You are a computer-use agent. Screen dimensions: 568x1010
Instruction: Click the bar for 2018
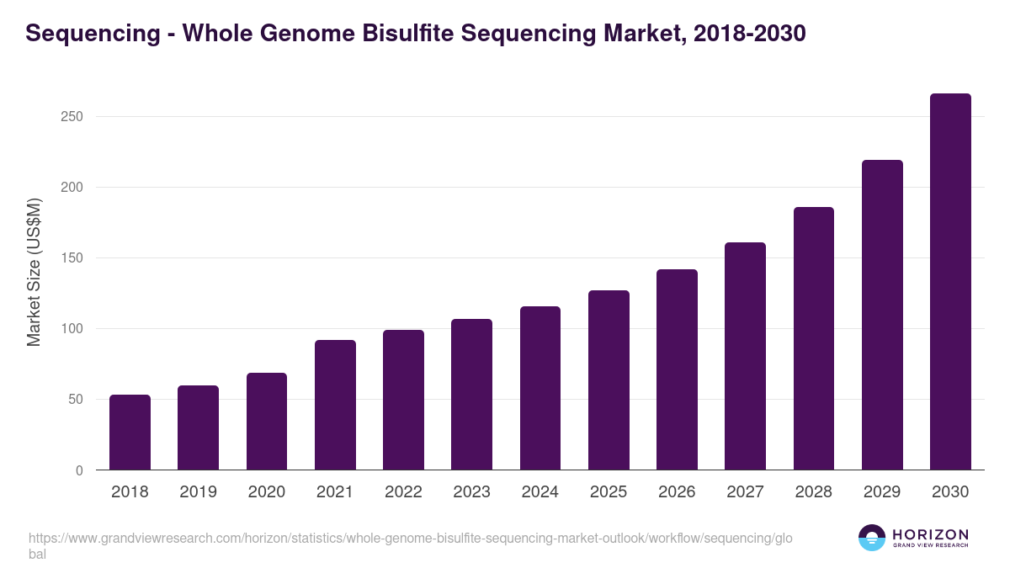(130, 433)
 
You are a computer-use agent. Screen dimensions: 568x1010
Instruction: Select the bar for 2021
(335, 405)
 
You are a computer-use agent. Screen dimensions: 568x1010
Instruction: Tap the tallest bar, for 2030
(950, 282)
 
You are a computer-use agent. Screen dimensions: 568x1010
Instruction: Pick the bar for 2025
(609, 380)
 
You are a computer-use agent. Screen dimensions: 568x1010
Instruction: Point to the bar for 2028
(814, 338)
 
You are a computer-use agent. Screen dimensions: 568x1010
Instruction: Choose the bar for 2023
(471, 395)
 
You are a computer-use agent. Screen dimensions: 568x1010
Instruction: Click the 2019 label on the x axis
(198, 492)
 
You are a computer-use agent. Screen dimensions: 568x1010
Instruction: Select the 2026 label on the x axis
(677, 492)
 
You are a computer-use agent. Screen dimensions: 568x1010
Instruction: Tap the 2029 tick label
(882, 492)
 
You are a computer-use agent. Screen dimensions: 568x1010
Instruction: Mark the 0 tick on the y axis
(79, 470)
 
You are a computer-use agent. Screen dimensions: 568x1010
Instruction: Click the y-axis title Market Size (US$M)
(34, 272)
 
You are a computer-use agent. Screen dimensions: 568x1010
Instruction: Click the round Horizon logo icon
(872, 538)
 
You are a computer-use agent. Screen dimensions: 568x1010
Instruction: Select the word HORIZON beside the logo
(930, 534)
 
